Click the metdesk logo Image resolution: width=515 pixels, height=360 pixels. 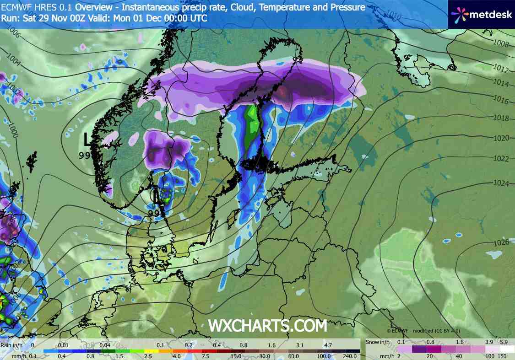point(481,14)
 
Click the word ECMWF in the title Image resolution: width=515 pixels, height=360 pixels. point(13,7)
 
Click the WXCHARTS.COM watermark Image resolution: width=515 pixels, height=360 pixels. point(268,326)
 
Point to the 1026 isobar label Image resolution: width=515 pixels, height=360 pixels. point(502,242)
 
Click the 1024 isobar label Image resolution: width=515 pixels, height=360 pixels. point(501,183)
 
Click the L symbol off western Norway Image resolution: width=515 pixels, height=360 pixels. point(88,139)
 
